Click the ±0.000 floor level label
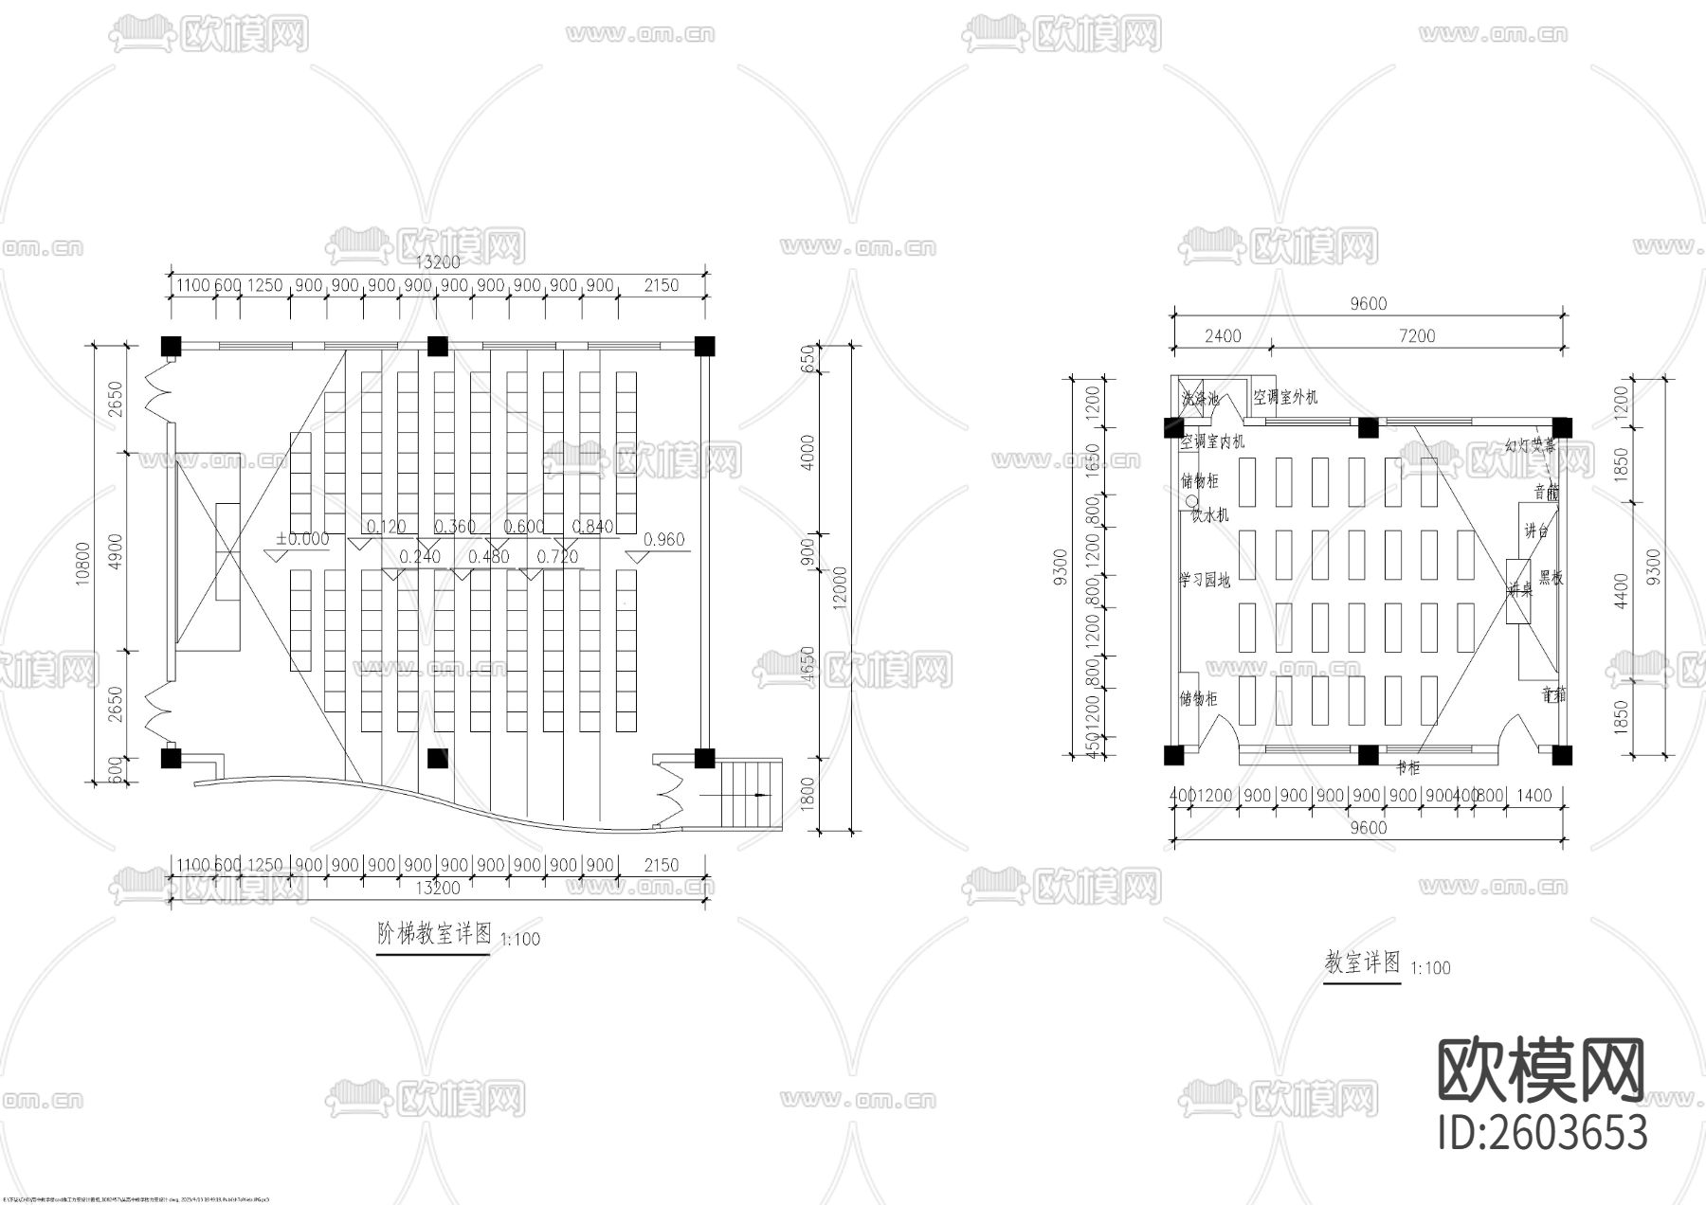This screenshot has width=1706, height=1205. (x=302, y=540)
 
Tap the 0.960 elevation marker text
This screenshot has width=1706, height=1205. (x=663, y=540)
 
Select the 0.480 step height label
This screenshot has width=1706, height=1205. (x=488, y=557)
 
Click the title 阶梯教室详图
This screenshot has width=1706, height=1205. (x=434, y=935)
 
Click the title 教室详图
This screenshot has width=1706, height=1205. (x=1362, y=963)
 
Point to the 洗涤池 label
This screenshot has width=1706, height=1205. (x=1201, y=400)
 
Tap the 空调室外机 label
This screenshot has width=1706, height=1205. (x=1285, y=397)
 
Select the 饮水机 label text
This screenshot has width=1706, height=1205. (x=1209, y=514)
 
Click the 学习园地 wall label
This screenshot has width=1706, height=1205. (x=1205, y=580)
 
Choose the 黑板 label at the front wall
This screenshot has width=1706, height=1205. (x=1551, y=577)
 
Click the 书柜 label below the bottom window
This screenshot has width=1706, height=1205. (x=1408, y=767)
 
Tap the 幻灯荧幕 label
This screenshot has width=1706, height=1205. (x=1530, y=445)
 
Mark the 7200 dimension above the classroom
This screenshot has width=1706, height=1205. (x=1416, y=335)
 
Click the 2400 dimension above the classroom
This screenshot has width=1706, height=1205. (x=1223, y=335)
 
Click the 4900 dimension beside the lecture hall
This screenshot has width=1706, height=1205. (x=116, y=550)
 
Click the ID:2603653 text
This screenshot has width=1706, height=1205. (x=1543, y=1134)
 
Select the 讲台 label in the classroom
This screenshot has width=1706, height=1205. (x=1535, y=531)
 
